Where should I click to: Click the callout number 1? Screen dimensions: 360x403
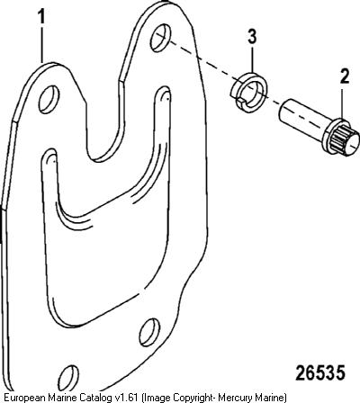tap(41, 16)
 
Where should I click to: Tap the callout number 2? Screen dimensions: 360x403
tap(345, 76)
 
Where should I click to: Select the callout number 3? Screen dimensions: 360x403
tap(252, 37)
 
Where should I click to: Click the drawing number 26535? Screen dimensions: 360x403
tap(320, 373)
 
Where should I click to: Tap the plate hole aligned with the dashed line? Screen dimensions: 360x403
tap(160, 38)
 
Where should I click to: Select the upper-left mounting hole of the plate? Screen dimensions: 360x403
tap(49, 100)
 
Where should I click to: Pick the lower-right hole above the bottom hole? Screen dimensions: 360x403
tap(149, 333)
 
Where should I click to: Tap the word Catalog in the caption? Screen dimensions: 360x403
tap(94, 398)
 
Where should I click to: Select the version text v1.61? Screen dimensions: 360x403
tap(126, 398)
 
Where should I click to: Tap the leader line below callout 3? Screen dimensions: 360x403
tap(252, 58)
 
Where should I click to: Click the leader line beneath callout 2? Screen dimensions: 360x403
tap(343, 102)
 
